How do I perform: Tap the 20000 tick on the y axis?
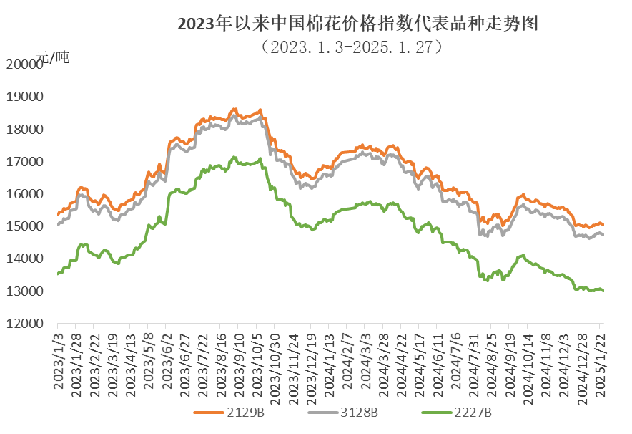pyautogui.click(x=24, y=64)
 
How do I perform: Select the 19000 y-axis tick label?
pyautogui.click(x=24, y=97)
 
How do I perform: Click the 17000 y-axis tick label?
pyautogui.click(x=24, y=162)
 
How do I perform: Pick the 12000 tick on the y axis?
pyautogui.click(x=24, y=324)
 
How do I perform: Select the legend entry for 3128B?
pyautogui.click(x=343, y=413)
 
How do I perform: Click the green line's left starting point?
pyautogui.click(x=58, y=274)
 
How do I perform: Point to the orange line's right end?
pyautogui.click(x=603, y=225)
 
